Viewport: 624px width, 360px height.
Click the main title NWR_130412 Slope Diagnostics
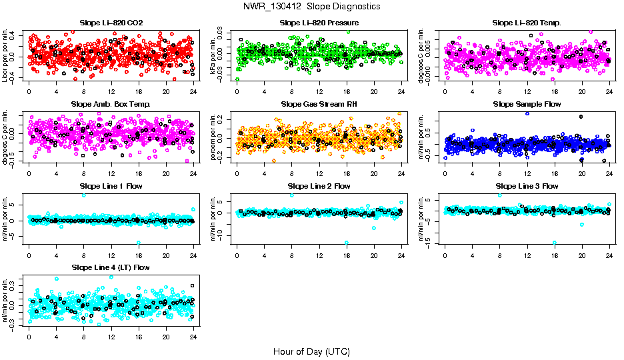[312, 6]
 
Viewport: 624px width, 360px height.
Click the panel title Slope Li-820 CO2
[111, 23]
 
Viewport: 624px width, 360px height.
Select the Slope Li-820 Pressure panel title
[319, 23]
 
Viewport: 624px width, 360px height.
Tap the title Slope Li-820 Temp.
[527, 23]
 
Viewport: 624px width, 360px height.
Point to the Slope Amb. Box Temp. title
[111, 104]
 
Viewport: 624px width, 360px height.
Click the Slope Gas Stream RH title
[319, 104]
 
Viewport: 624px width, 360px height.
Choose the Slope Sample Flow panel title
[527, 104]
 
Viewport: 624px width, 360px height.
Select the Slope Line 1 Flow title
[111, 186]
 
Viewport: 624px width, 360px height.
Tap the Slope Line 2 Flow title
[319, 186]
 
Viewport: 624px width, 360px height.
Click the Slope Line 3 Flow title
[527, 186]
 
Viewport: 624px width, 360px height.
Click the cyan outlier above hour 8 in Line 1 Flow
[84, 195]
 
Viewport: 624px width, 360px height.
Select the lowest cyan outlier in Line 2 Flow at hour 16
[347, 243]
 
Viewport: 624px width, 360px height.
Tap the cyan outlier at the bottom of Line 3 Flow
[555, 243]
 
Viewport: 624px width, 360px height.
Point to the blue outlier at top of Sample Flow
[527, 113]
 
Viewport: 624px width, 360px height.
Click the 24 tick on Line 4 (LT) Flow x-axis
[193, 335]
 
